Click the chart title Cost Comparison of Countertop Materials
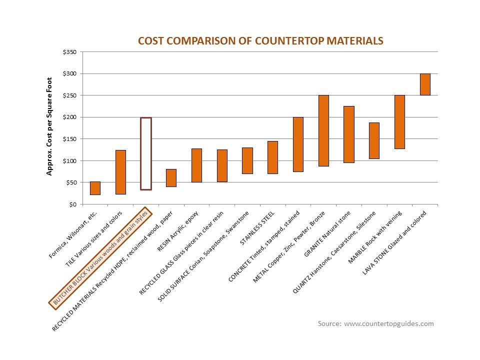pos(260,41)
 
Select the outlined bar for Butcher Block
pos(145,153)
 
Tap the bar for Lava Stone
pos(425,84)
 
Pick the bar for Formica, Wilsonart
pos(95,188)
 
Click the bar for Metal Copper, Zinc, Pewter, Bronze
pos(323,130)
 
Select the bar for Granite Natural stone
pos(349,134)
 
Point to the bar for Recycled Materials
pos(171,178)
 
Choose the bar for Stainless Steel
pos(272,157)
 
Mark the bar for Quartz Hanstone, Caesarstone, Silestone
pos(374,140)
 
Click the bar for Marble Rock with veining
pos(399,122)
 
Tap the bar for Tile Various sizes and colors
pos(120,172)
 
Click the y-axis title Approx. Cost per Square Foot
pos(49,126)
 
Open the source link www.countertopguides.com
pos(389,324)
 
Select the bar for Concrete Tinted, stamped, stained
pos(298,144)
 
